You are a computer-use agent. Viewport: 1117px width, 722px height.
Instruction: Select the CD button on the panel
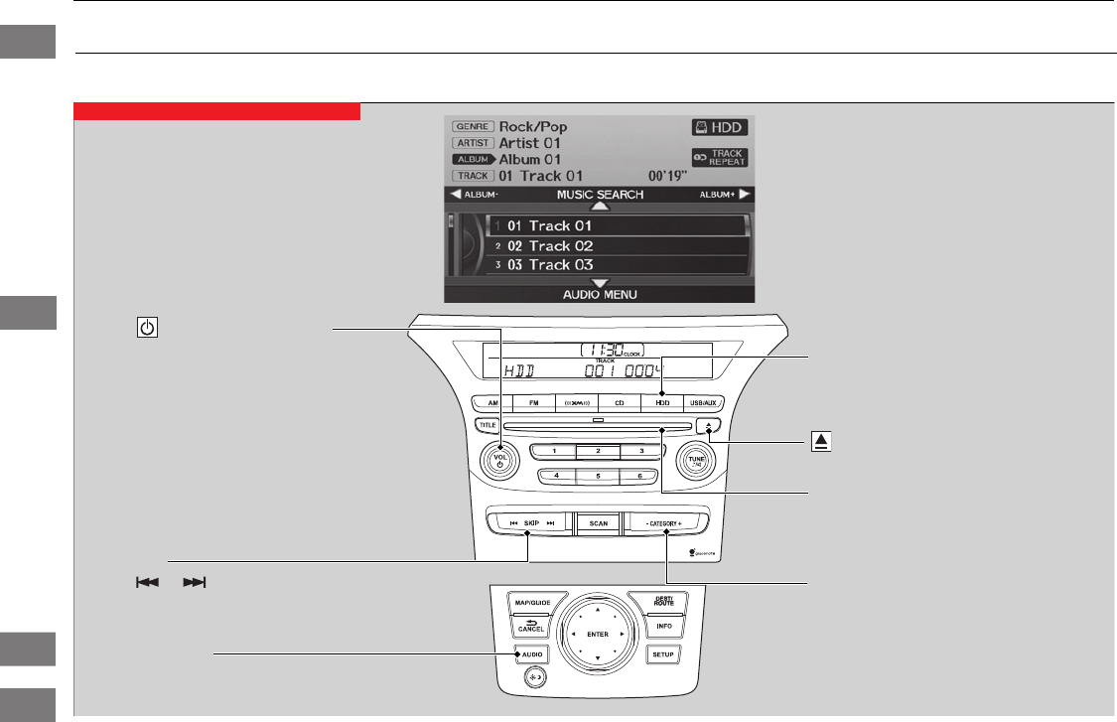619,405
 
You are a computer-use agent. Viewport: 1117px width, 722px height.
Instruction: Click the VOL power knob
501,461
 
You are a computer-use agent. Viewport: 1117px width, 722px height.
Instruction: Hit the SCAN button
598,522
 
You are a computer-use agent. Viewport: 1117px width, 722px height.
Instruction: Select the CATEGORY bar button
667,522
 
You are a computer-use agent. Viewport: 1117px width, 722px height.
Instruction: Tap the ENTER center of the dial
598,634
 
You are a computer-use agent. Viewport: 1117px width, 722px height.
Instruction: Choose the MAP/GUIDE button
533,603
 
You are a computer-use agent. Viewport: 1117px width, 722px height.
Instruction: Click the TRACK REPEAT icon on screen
720,157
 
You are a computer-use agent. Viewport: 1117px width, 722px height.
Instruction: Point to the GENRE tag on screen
472,127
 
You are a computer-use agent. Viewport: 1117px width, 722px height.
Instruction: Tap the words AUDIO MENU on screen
599,295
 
